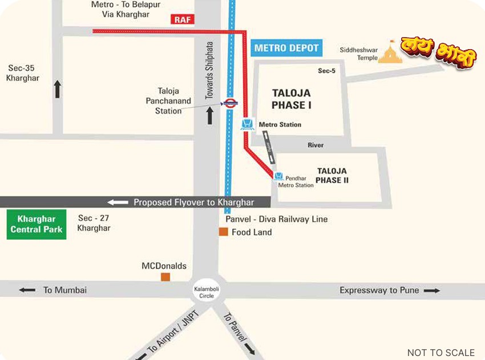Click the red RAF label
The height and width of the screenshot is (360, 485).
(x=183, y=19)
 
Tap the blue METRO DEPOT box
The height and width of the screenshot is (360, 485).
(x=286, y=48)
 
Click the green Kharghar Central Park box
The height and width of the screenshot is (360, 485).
(x=37, y=224)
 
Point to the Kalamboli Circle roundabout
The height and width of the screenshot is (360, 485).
(x=206, y=292)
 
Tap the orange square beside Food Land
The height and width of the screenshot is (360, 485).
(x=224, y=232)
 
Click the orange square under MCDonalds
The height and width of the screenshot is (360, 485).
(x=165, y=277)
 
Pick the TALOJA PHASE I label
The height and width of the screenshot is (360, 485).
(x=291, y=99)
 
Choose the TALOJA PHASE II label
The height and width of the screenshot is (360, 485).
(x=332, y=176)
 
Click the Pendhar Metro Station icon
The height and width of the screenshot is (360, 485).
(x=278, y=177)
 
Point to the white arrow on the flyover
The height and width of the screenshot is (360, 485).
(x=118, y=202)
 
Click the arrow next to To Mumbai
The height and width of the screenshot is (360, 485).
(x=27, y=290)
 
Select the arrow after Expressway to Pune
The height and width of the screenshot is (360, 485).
(x=431, y=290)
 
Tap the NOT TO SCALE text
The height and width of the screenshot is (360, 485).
(x=440, y=353)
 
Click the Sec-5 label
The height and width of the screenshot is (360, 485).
(x=326, y=71)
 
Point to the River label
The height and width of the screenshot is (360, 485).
(x=316, y=145)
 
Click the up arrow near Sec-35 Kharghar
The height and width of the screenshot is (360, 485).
(x=57, y=89)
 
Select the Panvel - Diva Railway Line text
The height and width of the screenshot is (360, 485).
(x=276, y=219)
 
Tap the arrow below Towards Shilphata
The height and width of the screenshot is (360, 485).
(x=209, y=116)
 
